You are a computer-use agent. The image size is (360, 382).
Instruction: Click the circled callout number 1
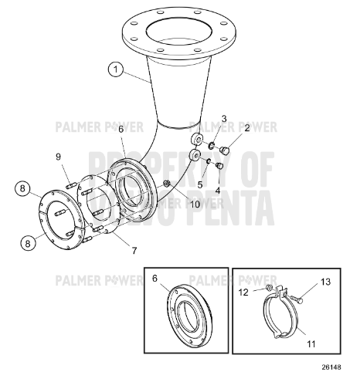116,70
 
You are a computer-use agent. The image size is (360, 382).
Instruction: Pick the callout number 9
57,158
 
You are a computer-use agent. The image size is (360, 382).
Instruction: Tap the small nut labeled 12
267,289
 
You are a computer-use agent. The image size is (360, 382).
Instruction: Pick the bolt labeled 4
220,164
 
